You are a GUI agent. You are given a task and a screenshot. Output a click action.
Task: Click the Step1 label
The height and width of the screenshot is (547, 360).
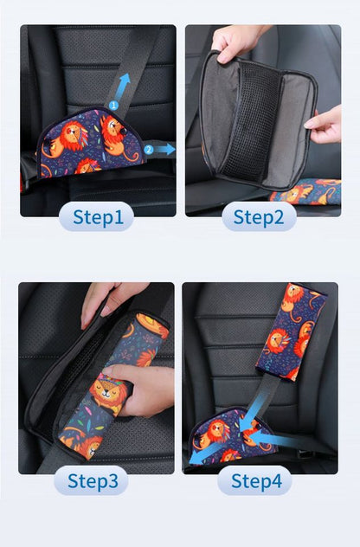(x=96, y=216)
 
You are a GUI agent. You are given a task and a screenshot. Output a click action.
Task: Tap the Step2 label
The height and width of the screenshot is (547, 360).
(x=259, y=216)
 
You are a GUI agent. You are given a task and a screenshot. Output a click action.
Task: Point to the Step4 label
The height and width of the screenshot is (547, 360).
(x=254, y=480)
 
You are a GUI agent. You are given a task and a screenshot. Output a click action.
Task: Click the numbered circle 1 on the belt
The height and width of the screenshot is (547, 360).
(x=112, y=106)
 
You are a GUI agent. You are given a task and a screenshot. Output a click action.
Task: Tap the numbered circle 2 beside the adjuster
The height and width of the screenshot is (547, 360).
(x=148, y=149)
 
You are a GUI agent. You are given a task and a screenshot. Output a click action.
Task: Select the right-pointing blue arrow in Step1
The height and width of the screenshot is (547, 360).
(x=165, y=149)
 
